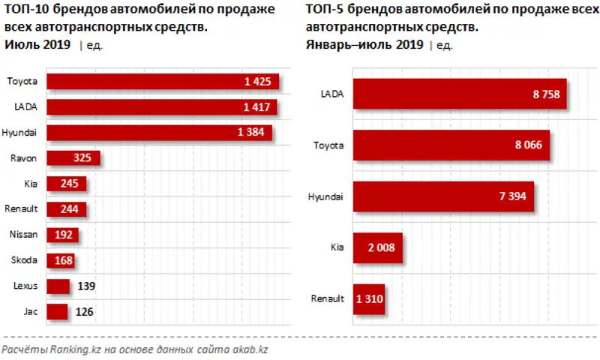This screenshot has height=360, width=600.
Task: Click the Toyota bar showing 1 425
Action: click(162, 82)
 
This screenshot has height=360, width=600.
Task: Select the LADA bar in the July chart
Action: click(161, 107)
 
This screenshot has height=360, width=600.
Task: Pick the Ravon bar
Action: click(73, 158)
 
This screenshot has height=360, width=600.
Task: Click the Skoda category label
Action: click(25, 260)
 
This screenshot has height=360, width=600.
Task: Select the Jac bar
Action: click(57, 310)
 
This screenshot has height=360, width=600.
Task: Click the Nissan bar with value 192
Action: click(62, 235)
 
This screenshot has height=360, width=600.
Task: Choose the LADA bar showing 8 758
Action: click(460, 94)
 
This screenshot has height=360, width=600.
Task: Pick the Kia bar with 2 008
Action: click(378, 247)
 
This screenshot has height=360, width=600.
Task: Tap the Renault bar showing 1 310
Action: click(368, 298)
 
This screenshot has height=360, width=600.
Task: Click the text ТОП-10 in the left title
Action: click(27, 10)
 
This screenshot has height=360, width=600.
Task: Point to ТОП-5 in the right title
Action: click(326, 10)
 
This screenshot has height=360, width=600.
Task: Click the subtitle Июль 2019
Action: click(37, 45)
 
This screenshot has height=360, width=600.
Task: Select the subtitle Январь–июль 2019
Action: click(364, 45)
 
